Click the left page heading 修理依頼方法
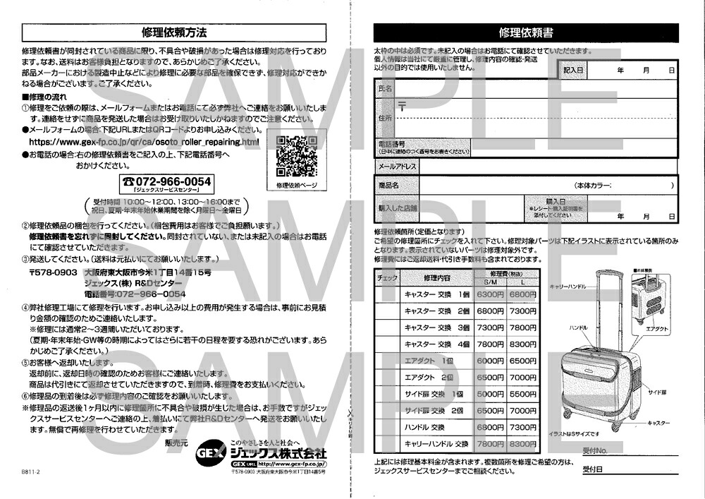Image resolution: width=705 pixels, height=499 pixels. coord(174,32)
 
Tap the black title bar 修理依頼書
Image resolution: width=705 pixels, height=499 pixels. coord(525,32)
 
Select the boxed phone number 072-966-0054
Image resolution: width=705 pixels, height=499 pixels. coord(166,181)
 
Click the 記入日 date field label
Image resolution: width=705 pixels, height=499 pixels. coord(573,70)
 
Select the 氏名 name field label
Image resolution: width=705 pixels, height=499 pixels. coord(385,89)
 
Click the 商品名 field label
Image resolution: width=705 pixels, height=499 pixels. coord(389,185)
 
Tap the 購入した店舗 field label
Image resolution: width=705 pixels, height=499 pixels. coord(398,208)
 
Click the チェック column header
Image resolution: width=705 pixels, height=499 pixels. coord(388,278)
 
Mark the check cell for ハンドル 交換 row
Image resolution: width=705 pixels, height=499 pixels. coord(388,427)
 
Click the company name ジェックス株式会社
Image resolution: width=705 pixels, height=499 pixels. coord(281,452)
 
